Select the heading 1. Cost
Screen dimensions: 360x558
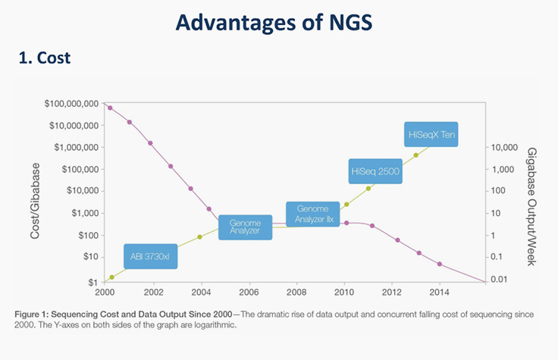point(45,58)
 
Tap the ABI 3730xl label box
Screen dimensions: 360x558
point(150,256)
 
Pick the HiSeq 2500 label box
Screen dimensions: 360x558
point(375,172)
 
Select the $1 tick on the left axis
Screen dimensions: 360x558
point(92,280)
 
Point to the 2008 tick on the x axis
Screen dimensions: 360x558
point(296,292)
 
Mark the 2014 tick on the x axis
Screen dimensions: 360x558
point(438,292)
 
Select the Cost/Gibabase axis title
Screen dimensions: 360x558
point(35,192)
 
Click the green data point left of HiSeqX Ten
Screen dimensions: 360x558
point(415,155)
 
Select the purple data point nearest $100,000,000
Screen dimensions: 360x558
point(110,108)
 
